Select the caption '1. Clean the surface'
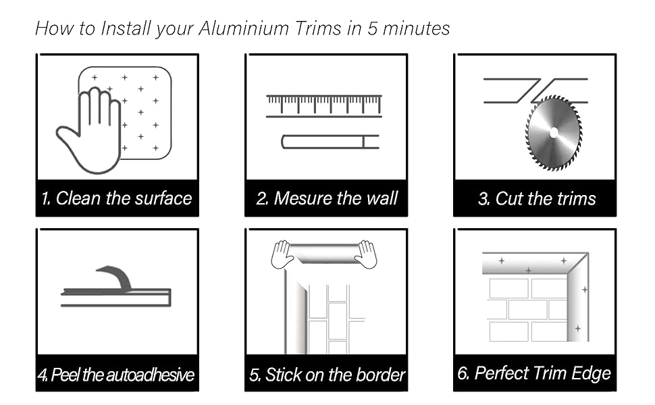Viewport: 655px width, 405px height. tap(117, 198)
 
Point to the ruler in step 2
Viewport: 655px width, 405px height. tap(323, 105)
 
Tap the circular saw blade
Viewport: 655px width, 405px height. tap(553, 132)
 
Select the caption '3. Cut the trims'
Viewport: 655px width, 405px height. tap(536, 198)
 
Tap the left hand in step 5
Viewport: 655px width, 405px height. tap(282, 254)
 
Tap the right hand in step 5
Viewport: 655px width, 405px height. tap(367, 254)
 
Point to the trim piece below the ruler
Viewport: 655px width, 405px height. tap(329, 142)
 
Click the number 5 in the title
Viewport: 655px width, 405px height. tap(373, 28)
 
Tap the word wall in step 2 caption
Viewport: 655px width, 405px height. tap(382, 198)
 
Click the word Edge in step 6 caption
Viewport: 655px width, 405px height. tap(592, 373)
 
